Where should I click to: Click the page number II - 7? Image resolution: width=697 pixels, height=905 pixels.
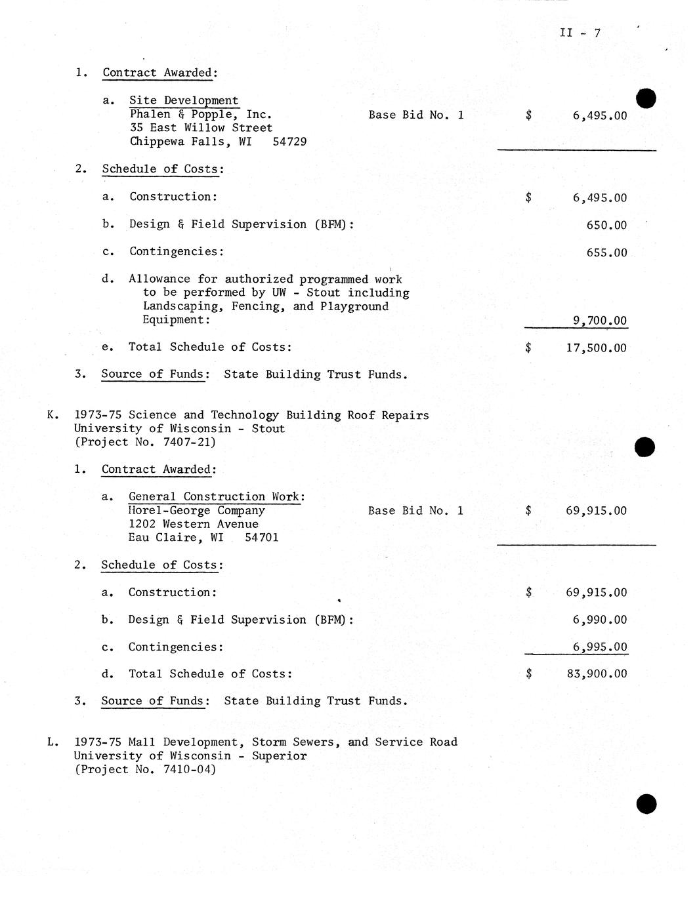pyautogui.click(x=580, y=33)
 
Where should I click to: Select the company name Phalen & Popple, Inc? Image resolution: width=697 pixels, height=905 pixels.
pyautogui.click(x=200, y=115)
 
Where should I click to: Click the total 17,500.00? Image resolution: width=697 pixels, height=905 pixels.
pyautogui.click(x=596, y=348)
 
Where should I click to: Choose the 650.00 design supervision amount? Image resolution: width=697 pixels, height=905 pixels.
pyautogui.click(x=606, y=226)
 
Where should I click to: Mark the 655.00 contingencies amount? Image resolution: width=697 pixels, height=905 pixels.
pyautogui.click(x=606, y=253)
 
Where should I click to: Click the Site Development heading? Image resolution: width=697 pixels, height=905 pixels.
pyautogui.click(x=183, y=100)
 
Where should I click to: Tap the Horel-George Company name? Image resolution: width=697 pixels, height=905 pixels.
pyautogui.click(x=196, y=511)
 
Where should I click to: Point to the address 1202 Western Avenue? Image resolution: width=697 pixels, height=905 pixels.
pyautogui.click(x=193, y=525)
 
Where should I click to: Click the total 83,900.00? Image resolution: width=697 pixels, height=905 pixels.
pyautogui.click(x=596, y=674)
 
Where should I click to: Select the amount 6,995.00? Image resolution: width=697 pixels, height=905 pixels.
pyautogui.click(x=599, y=647)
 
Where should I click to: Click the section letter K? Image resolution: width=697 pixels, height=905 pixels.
pyautogui.click(x=51, y=415)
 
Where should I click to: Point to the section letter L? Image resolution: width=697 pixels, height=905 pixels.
pyautogui.click(x=51, y=742)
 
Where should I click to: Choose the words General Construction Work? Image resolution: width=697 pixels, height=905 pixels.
pyautogui.click(x=215, y=497)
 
